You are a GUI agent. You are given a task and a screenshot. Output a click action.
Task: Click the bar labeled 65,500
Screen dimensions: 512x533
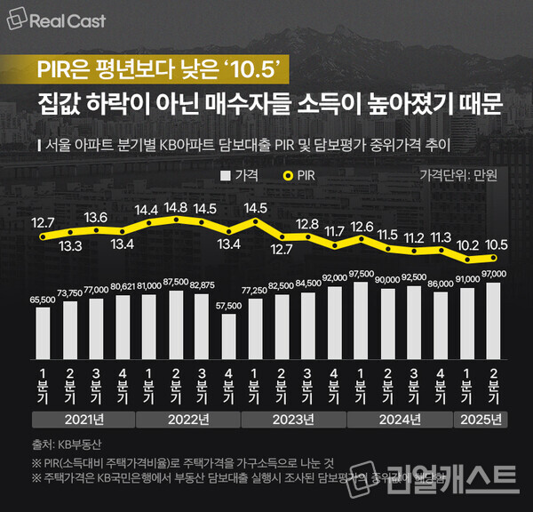click(x=43, y=326)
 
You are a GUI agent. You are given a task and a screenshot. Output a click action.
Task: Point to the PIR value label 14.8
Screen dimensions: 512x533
click(x=176, y=207)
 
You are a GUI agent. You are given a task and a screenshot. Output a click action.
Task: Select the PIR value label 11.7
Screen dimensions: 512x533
click(x=334, y=231)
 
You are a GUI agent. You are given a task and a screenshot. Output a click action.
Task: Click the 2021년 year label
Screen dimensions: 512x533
click(x=83, y=419)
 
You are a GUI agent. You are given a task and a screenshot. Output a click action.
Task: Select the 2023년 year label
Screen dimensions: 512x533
click(x=295, y=419)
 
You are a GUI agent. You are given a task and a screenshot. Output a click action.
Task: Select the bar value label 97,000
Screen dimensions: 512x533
click(x=494, y=274)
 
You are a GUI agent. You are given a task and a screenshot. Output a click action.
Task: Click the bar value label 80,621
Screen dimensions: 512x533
click(x=123, y=286)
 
